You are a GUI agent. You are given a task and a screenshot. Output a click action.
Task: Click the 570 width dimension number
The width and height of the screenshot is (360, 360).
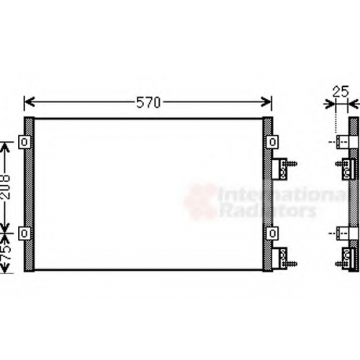click(148, 103)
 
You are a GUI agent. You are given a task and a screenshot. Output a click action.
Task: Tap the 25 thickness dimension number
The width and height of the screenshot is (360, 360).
click(341, 91)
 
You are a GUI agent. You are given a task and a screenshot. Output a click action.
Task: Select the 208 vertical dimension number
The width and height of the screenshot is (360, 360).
click(5, 187)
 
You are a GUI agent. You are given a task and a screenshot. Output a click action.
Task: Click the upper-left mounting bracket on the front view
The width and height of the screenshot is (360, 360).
click(24, 142)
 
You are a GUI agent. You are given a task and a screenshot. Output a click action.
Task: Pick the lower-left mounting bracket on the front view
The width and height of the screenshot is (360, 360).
click(24, 233)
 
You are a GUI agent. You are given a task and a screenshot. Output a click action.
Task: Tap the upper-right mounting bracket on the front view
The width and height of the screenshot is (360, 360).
click(272, 142)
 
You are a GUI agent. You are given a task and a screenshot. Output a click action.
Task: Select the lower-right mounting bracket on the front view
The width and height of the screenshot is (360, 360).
click(272, 233)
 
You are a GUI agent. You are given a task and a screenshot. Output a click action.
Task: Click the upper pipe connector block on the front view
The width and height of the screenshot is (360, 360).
click(279, 168)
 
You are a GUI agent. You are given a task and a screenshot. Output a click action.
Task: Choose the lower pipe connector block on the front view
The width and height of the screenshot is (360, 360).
click(279, 258)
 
